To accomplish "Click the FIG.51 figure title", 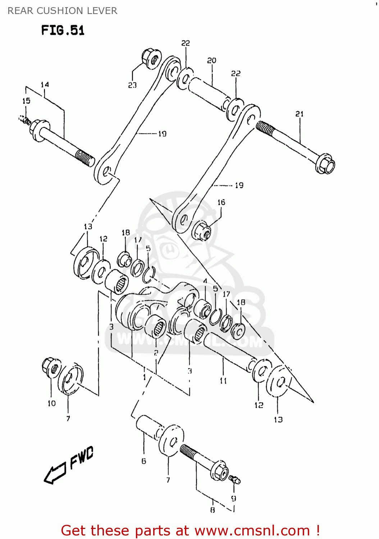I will pos(63,30).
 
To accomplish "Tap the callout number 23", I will pos(132,85).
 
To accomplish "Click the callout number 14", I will pos(45,85).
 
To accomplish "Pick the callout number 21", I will pos(300,114).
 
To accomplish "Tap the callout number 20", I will pos(211,61).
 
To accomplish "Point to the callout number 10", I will pos(52,404).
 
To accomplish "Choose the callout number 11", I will pos(223,381).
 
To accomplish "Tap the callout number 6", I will pos(144,461).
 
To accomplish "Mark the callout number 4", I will pos(205,281).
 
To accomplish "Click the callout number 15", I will pos(26,101).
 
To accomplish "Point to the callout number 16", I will pos(221,203).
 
